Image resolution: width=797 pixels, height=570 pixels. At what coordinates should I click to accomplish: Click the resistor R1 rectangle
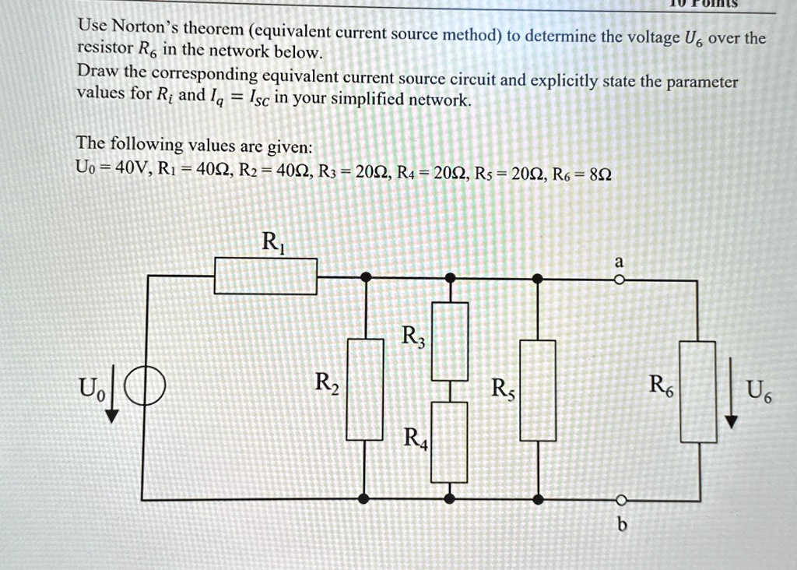pyautogui.click(x=265, y=276)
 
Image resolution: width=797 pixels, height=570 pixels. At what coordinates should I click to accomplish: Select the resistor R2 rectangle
pyautogui.click(x=364, y=389)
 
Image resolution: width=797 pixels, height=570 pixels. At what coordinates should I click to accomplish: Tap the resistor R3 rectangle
pyautogui.click(x=450, y=340)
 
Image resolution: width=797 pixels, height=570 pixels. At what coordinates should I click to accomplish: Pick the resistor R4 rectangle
pyautogui.click(x=450, y=442)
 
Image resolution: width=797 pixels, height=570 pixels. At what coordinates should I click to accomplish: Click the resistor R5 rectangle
pyautogui.click(x=537, y=389)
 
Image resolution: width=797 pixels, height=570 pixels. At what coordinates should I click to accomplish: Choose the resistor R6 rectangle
pyautogui.click(x=697, y=392)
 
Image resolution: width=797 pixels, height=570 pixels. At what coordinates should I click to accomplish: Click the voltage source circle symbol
pyautogui.click(x=144, y=387)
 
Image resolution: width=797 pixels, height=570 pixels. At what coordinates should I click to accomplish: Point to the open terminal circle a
pyautogui.click(x=619, y=279)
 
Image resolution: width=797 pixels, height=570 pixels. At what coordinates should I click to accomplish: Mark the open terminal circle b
pyautogui.click(x=620, y=499)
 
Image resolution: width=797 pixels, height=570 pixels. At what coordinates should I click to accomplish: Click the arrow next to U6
pyautogui.click(x=730, y=392)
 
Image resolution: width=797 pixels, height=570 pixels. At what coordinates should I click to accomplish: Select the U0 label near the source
pyautogui.click(x=88, y=387)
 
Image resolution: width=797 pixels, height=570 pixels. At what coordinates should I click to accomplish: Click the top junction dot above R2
pyautogui.click(x=364, y=276)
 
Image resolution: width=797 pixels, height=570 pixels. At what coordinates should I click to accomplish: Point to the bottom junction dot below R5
pyautogui.click(x=537, y=498)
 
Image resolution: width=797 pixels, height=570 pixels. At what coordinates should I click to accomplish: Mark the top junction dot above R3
pyautogui.click(x=450, y=276)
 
